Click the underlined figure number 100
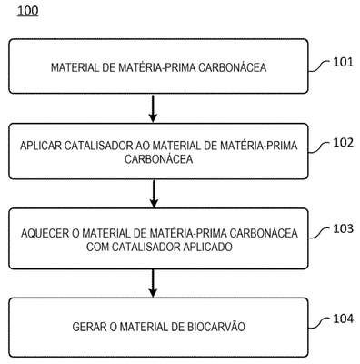coord(28,11)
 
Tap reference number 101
coord(344,62)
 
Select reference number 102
coord(344,143)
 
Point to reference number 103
coord(344,228)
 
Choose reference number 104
coord(344,318)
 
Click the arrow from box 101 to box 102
coord(154,108)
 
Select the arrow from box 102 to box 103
coord(154,194)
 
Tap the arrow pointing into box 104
coord(153,283)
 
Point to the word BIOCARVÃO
coord(216,327)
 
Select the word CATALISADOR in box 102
coord(98,146)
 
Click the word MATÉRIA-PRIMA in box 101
coord(156,67)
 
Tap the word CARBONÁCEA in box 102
coord(159,159)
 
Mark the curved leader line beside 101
coord(319,66)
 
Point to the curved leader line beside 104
coord(319,323)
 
